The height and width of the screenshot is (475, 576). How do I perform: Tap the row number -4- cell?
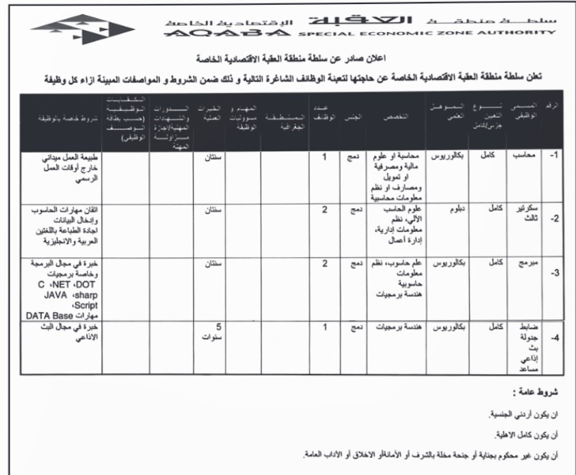tap(555, 337)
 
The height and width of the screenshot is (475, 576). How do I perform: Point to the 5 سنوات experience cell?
tap(215, 332)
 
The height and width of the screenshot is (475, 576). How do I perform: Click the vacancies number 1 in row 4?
tap(325, 327)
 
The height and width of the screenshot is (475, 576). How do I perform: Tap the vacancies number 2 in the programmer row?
tap(325, 264)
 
